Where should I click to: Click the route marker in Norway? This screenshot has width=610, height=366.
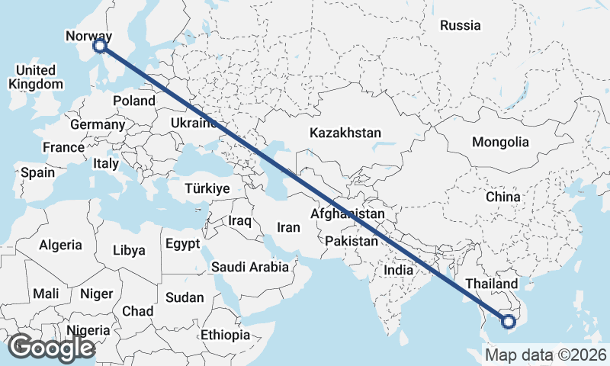click(100, 47)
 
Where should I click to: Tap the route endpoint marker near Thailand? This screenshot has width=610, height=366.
click(509, 322)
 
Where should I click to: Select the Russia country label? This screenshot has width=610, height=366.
click(461, 25)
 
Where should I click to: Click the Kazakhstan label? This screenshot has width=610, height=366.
click(345, 133)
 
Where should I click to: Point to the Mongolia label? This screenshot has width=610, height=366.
click(500, 142)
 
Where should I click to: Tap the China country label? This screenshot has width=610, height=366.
click(502, 197)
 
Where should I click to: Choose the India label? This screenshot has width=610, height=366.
click(398, 269)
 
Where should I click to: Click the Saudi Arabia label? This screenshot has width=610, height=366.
click(250, 267)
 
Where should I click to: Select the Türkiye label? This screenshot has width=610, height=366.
click(207, 188)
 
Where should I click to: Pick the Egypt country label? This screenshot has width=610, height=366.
click(182, 244)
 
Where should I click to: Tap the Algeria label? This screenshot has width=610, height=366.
click(60, 245)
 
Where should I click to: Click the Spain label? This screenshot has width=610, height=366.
click(37, 172)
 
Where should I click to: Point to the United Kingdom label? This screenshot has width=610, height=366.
click(35, 77)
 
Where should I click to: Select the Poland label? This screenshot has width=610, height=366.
click(133, 101)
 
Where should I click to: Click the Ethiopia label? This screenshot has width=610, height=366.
click(225, 335)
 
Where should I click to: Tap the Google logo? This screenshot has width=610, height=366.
click(51, 348)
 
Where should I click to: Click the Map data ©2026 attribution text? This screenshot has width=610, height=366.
click(546, 355)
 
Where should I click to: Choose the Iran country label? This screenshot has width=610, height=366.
click(288, 226)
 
